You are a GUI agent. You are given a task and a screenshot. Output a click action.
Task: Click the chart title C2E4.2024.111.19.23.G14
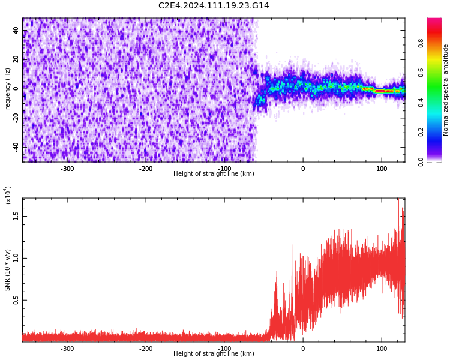click(x=214, y=6)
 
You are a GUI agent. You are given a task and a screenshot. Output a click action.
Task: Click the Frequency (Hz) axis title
click(x=8, y=90)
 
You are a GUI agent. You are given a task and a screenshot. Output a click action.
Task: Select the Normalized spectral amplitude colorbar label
click(x=446, y=90)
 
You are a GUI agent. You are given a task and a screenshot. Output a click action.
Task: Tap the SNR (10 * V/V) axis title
click(x=8, y=270)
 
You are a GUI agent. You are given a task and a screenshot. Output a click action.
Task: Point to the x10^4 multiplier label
click(x=8, y=195)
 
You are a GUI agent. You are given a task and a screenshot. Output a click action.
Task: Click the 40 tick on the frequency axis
click(x=16, y=30)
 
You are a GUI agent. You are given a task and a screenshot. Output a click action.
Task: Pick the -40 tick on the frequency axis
click(x=16, y=146)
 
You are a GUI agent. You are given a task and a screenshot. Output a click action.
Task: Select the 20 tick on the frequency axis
click(x=16, y=59)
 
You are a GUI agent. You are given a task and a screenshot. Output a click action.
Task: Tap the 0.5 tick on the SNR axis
click(x=16, y=300)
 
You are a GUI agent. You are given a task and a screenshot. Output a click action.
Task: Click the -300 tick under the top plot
click(x=67, y=169)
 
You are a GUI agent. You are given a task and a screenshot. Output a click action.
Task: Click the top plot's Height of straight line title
click(x=214, y=174)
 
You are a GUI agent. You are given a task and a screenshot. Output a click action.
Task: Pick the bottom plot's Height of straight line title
click(x=214, y=354)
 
